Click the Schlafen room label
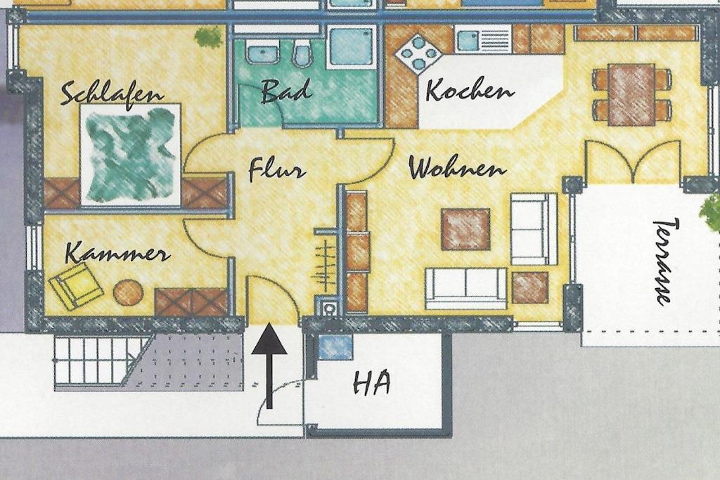112,94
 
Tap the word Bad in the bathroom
285,91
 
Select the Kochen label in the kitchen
469,91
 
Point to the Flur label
276,170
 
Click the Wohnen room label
457,168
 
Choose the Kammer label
117,253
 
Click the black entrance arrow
269,365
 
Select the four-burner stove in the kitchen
418,53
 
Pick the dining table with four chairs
631,95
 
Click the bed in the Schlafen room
130,155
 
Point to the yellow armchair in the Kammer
76,285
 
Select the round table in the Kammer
128,293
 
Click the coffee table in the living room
465,229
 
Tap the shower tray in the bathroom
352,46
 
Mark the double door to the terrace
633,162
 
